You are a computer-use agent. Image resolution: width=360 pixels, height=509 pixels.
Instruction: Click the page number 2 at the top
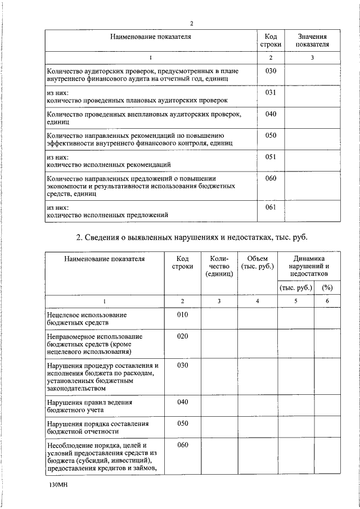click(191, 23)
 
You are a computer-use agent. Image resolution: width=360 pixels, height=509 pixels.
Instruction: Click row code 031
click(270, 92)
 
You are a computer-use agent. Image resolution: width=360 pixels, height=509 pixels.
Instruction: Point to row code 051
click(270, 157)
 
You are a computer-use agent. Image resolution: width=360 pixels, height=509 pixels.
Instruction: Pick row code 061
click(270, 208)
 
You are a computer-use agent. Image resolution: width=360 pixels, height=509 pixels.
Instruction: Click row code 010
click(182, 315)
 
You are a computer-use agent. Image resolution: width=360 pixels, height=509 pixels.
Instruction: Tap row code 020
click(182, 336)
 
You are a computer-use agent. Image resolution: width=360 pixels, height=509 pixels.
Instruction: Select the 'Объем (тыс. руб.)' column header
click(257, 262)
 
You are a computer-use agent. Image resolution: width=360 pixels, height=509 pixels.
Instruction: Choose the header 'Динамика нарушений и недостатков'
click(308, 265)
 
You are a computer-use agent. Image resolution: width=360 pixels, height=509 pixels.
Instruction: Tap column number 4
click(257, 301)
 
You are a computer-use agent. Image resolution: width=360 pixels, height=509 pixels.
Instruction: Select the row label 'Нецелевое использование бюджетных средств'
click(86, 319)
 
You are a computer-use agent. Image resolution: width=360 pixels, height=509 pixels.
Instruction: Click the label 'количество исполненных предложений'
click(107, 215)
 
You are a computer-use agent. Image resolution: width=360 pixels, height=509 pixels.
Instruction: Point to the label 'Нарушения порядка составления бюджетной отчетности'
click(97, 427)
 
